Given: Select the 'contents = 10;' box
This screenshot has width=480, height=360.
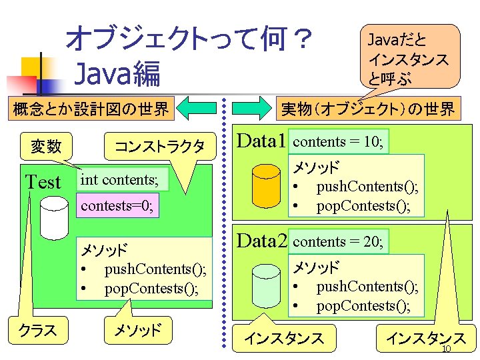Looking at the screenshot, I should click(338, 142).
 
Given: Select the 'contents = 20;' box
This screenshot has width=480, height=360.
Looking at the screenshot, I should click(338, 242).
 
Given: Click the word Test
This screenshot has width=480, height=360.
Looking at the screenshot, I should click(43, 182).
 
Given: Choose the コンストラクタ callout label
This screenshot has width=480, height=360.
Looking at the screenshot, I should click(159, 145).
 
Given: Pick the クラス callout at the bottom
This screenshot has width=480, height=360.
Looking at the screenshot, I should click(37, 330).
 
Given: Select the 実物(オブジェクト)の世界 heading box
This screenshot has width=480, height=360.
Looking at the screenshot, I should click(367, 108).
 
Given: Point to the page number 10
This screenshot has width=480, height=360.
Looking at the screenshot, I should click(447, 351).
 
